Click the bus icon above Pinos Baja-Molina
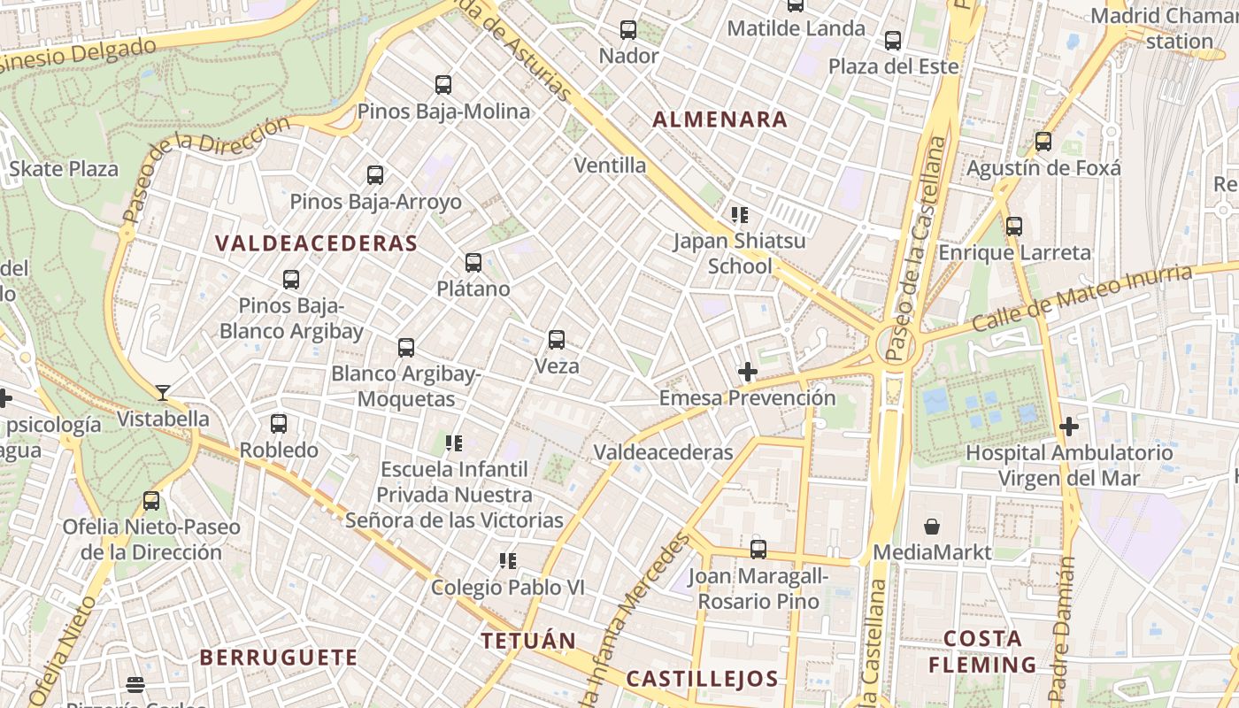[443, 85]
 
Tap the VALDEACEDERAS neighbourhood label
[316, 243]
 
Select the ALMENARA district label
[720, 119]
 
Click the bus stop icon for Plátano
[473, 262]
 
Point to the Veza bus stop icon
[557, 339]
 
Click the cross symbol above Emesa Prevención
[748, 372]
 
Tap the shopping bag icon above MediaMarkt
[932, 527]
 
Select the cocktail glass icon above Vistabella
[163, 392]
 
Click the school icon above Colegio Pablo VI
[507, 560]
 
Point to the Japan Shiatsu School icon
[740, 214]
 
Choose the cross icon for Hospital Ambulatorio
[1069, 427]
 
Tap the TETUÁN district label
[528, 640]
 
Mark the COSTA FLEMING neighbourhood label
[982, 651]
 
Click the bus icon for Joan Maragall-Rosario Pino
[758, 549]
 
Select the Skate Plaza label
[64, 169]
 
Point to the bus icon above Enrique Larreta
[1014, 227]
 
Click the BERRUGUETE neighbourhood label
[279, 658]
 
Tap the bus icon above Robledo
[279, 423]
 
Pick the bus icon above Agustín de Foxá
[1043, 141]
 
